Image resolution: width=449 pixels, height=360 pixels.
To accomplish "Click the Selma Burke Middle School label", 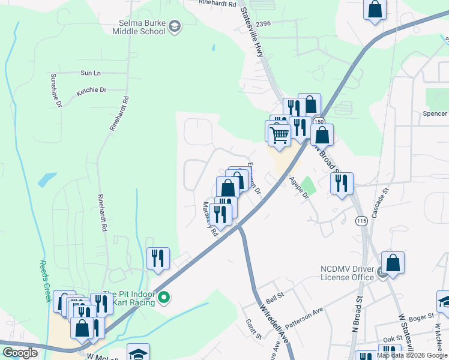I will [x=137, y=27].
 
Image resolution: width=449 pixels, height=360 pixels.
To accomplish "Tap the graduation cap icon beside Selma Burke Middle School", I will [x=174, y=26].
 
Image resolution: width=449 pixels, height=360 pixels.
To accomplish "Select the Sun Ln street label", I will [x=90, y=73].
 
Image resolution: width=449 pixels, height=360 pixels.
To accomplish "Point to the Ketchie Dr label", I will [x=91, y=91].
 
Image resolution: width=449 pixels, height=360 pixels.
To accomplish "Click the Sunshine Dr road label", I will [x=55, y=91].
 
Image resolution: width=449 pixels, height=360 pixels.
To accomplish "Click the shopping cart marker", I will [x=279, y=134].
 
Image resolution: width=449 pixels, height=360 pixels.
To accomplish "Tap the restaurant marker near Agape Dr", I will [x=342, y=184].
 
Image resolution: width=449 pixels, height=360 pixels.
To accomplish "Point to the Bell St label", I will [x=274, y=297].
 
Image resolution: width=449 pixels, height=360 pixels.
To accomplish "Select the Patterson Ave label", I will [x=304, y=316].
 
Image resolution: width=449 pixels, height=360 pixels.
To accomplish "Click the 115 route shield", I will [x=361, y=221].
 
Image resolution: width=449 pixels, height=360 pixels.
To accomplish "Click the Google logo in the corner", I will [x=20, y=353].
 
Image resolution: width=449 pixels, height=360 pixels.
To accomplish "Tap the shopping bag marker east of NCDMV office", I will [x=392, y=263].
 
